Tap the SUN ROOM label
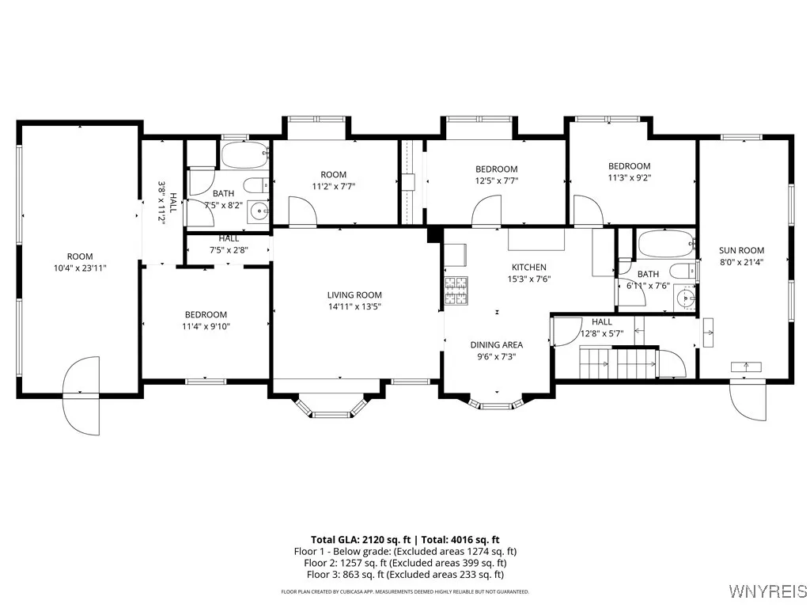point(741,250)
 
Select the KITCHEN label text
point(529,268)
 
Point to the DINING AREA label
point(496,344)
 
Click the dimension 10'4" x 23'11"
point(80,268)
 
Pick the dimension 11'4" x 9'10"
point(206,326)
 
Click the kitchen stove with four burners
point(457,291)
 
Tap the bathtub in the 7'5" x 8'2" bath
point(244,154)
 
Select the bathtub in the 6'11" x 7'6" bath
point(665,244)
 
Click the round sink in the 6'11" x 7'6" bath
point(685,299)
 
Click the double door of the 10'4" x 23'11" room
point(81,394)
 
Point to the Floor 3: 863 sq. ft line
point(405,574)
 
